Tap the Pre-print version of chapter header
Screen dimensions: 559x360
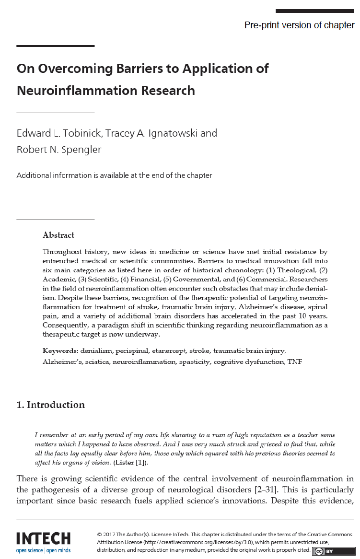coord(299,25)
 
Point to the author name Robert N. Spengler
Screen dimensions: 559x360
coord(59,150)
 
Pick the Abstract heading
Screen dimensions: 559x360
coord(58,235)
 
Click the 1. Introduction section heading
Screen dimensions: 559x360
coord(51,405)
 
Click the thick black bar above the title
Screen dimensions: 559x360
coord(56,46)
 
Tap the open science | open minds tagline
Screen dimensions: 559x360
coord(43,550)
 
